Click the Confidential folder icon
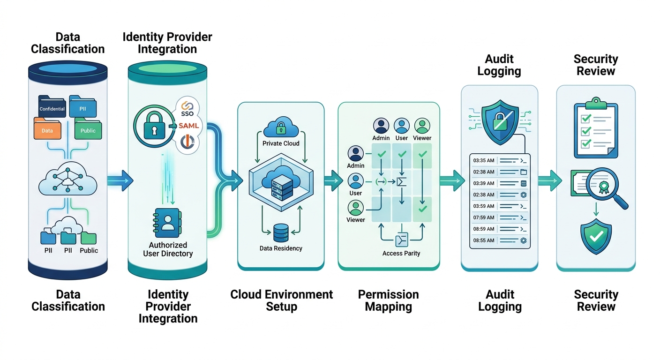pyautogui.click(x=52, y=107)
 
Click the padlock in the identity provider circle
pyautogui.click(x=155, y=125)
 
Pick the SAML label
pyautogui.click(x=189, y=126)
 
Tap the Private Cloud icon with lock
pyautogui.click(x=281, y=128)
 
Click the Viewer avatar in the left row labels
pyautogui.click(x=355, y=208)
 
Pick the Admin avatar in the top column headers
pyautogui.click(x=381, y=126)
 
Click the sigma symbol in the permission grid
pyautogui.click(x=401, y=181)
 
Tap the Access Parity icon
pyautogui.click(x=401, y=240)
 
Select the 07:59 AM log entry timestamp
pyautogui.click(x=484, y=217)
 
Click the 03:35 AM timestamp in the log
pyautogui.click(x=484, y=160)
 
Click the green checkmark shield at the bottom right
pyautogui.click(x=596, y=237)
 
